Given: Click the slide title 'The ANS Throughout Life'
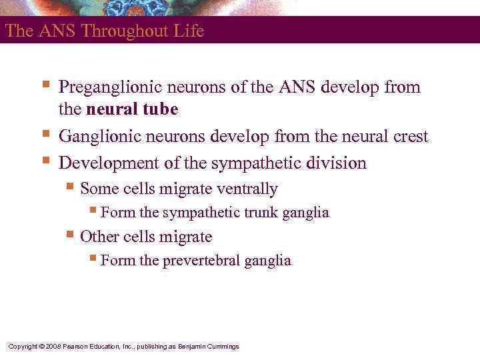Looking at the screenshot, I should point(104,31).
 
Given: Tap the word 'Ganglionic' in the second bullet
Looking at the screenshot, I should point(97,137).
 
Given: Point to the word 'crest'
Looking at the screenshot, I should point(408,137).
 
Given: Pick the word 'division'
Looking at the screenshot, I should point(338,163).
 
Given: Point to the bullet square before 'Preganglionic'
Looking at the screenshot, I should point(45,85).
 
